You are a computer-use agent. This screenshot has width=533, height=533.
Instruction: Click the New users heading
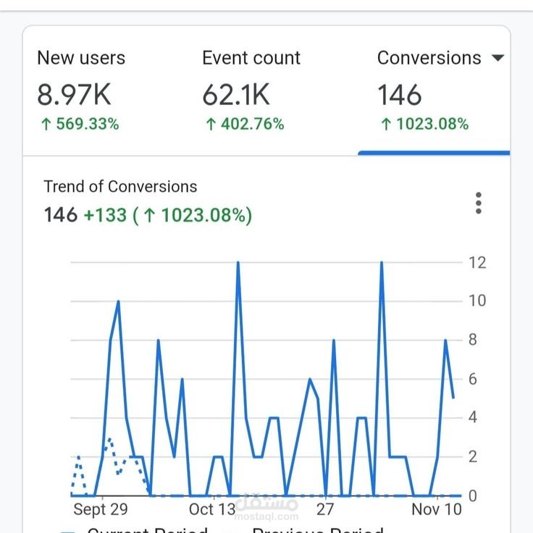tap(81, 58)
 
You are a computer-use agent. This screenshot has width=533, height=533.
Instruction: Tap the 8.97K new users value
tap(74, 95)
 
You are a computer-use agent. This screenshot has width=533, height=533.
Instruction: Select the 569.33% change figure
tap(80, 125)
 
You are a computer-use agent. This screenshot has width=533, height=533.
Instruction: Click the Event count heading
tap(251, 58)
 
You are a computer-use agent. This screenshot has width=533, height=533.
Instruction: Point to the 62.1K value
tap(236, 95)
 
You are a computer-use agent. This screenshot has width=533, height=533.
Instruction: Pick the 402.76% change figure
tap(245, 125)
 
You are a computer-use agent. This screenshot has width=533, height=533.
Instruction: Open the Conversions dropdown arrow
tap(498, 58)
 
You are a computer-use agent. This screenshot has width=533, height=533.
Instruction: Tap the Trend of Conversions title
tap(120, 186)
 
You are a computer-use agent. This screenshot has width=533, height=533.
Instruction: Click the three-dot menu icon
tap(479, 203)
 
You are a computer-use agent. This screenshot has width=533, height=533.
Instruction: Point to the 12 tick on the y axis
tap(477, 262)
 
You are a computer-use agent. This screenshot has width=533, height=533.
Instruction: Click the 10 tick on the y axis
tap(477, 301)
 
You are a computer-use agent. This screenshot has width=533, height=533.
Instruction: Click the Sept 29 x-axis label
tap(101, 509)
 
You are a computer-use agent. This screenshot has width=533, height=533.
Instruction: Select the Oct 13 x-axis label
tap(211, 509)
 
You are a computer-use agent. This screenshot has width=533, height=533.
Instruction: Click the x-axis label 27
tap(325, 509)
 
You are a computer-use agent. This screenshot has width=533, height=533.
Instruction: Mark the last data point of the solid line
tap(453, 398)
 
